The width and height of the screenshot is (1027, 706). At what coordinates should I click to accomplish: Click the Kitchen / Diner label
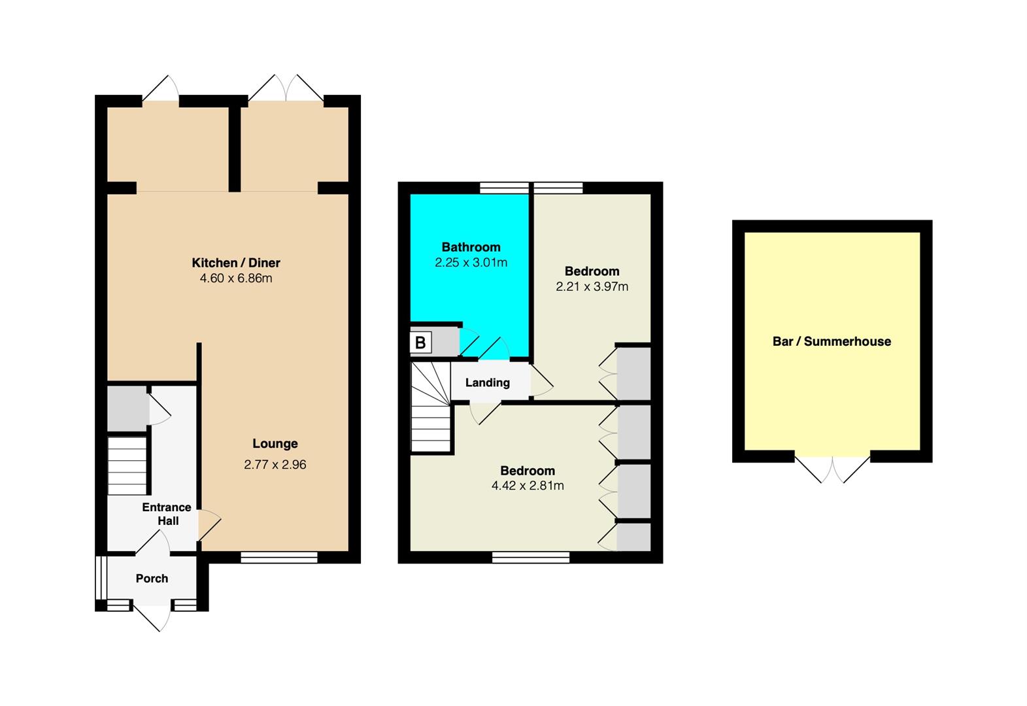point(235,263)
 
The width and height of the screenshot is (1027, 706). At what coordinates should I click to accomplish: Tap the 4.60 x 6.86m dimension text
point(235,278)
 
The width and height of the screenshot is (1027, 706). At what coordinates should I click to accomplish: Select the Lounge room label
point(275,444)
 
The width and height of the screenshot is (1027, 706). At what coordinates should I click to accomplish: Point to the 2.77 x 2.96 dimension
point(275,464)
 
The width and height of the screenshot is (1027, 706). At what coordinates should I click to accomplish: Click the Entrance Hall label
point(167,514)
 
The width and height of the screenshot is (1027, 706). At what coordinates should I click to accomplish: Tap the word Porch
point(152,579)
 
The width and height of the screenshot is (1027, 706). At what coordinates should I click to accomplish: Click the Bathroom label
point(471,247)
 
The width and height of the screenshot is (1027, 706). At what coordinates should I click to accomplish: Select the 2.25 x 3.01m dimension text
point(471,263)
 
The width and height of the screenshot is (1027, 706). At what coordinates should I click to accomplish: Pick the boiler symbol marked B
point(420,343)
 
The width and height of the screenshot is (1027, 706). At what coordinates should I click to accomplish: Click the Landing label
point(488,382)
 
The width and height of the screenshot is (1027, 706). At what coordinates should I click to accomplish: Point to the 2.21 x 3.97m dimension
point(592,286)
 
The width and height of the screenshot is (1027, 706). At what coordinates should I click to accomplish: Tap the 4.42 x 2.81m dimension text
point(528,486)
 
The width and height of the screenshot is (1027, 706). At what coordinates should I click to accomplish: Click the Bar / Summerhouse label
point(832,341)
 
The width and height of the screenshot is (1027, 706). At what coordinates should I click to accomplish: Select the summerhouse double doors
point(832,469)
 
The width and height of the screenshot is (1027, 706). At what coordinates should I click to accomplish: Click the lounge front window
point(278,558)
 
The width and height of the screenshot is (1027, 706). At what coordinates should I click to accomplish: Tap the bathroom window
point(504,188)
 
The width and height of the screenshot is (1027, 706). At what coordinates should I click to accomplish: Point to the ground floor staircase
point(127,466)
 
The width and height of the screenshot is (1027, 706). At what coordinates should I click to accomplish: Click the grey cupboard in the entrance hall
point(128,409)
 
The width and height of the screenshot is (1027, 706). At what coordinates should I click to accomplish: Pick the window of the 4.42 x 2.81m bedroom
point(530,558)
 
